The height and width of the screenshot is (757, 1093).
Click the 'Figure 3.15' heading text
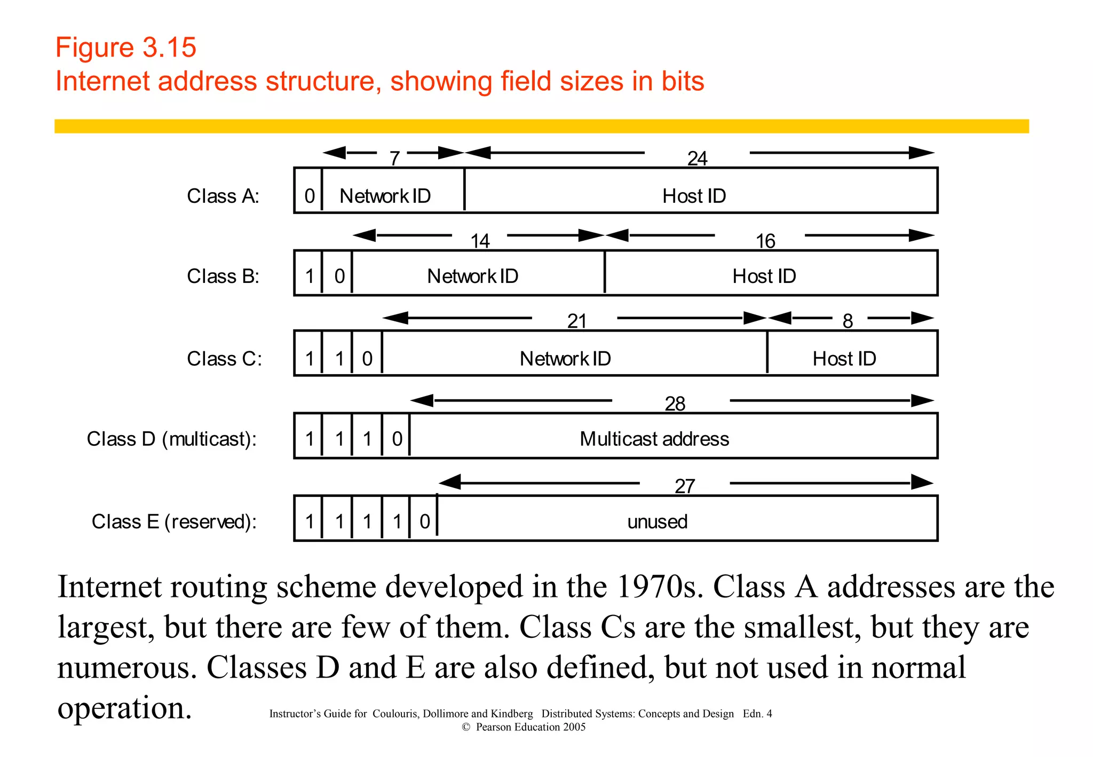[126, 48]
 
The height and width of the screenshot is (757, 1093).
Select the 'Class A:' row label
[223, 196]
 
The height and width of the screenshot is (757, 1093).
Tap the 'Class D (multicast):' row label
[172, 439]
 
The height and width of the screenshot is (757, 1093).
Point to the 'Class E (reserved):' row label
[174, 522]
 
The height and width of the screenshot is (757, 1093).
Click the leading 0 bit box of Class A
[309, 196]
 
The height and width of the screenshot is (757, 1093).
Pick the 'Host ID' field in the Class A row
[694, 196]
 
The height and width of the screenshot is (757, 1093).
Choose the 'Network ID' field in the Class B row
[473, 276]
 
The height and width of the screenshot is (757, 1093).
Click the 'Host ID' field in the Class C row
[844, 359]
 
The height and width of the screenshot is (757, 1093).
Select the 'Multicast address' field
[654, 439]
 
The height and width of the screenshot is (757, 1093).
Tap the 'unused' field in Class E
[657, 522]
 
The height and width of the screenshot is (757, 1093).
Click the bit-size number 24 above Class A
[697, 159]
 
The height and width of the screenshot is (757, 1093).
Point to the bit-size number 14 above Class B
[480, 241]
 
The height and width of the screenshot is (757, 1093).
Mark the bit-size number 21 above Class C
[577, 321]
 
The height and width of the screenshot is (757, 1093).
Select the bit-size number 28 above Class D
[675, 404]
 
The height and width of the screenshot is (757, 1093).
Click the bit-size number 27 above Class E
[685, 487]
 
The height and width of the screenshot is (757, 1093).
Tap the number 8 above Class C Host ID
[848, 321]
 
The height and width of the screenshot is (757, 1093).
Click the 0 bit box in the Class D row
[397, 439]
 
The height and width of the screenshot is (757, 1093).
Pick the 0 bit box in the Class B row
[339, 276]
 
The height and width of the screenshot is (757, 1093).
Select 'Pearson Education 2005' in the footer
[530, 727]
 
